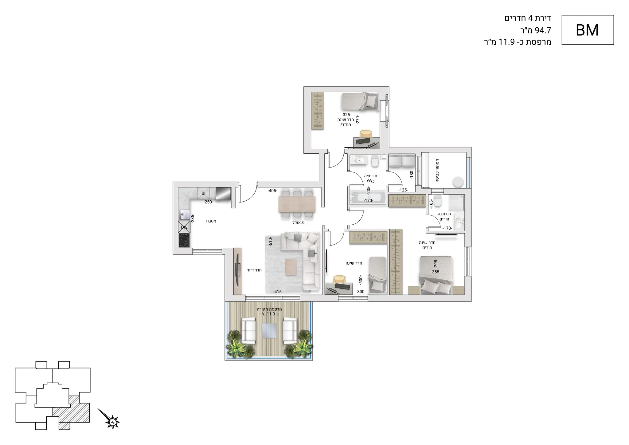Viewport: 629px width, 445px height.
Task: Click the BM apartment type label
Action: [x=587, y=30]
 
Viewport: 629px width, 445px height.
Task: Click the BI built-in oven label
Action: [x=203, y=193]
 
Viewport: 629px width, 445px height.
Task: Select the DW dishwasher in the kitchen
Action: [x=184, y=227]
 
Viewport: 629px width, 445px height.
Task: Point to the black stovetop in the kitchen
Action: [x=184, y=240]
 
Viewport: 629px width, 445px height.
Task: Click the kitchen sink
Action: [x=184, y=215]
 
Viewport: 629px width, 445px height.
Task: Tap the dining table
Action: [x=297, y=205]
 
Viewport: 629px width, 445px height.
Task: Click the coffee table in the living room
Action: [x=291, y=267]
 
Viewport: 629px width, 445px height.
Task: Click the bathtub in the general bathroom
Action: [x=368, y=197]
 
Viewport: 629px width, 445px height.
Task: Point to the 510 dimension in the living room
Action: [x=271, y=241]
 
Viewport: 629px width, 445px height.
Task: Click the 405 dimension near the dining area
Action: [x=272, y=191]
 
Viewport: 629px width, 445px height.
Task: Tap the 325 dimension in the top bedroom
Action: [x=346, y=115]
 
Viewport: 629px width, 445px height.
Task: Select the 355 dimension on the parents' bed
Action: [x=436, y=272]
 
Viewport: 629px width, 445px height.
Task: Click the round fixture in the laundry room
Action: [x=458, y=182]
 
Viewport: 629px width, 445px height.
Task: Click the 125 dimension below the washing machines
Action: [x=403, y=190]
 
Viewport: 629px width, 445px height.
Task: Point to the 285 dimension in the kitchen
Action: [x=193, y=219]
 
